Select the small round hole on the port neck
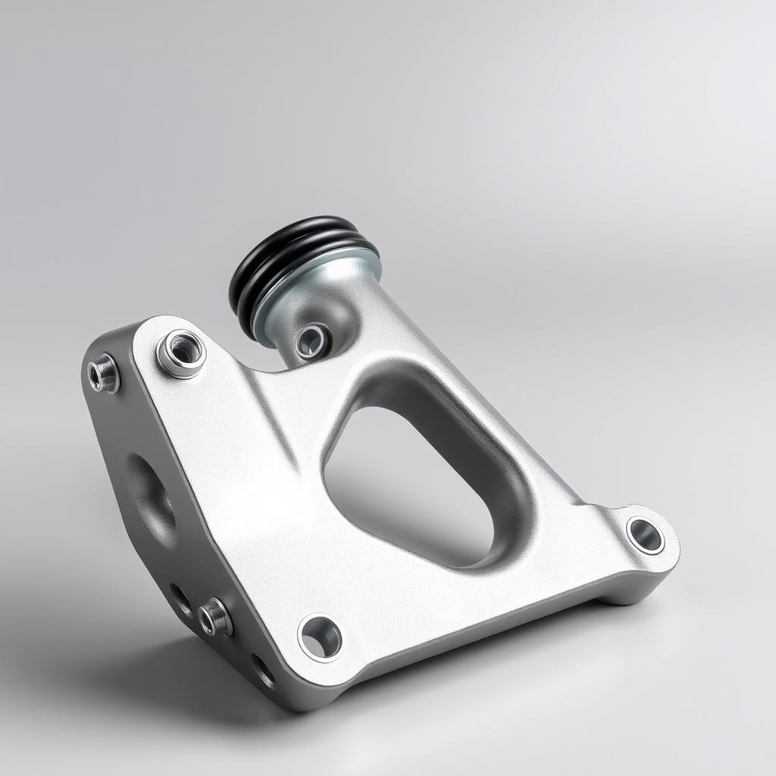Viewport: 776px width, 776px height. click(311, 342)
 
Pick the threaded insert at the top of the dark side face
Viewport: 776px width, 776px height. click(104, 374)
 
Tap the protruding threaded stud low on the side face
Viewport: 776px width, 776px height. click(215, 616)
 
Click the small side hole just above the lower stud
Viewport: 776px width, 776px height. click(181, 599)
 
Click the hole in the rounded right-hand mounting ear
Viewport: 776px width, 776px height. click(646, 535)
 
